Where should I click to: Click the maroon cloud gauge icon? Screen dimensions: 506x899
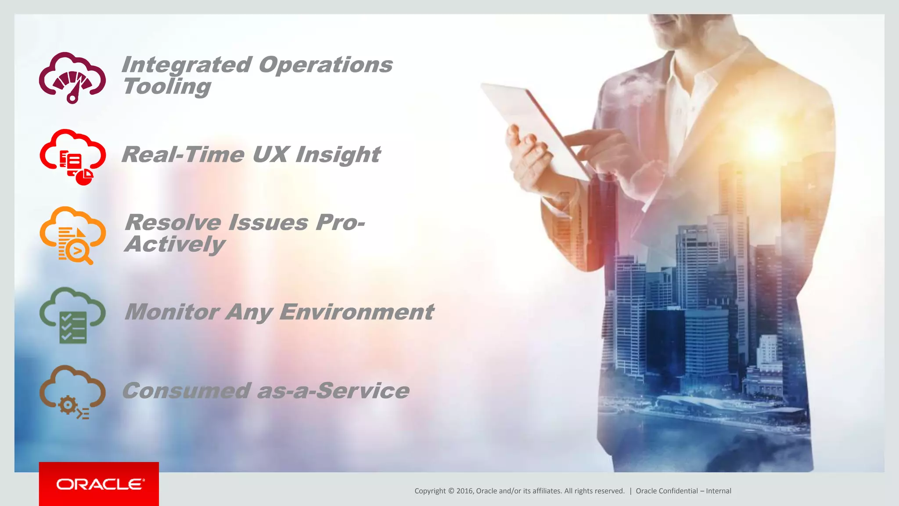pos(72,78)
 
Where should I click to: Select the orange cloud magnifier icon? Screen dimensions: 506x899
pos(72,235)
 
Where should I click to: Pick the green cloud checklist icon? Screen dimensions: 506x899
pos(72,315)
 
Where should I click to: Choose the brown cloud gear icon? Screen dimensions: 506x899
pos(72,392)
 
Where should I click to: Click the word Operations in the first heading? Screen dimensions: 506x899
pos(325,65)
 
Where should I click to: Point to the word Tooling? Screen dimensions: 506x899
pos(167,87)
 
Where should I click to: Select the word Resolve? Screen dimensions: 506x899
pos(173,222)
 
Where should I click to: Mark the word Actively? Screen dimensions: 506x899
pos(175,244)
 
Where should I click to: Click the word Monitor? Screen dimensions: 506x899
pos(172,312)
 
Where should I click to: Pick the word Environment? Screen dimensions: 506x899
pos(356,312)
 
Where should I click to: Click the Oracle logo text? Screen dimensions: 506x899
pos(100,484)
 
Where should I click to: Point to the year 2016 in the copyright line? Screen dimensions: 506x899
pos(465,491)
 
